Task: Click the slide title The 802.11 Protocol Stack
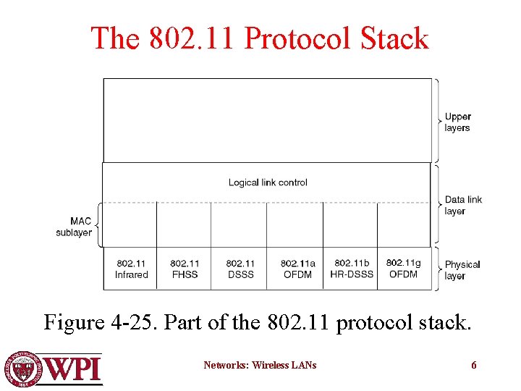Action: click(260, 38)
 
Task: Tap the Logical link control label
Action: click(268, 182)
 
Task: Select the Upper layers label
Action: click(457, 122)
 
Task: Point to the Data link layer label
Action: click(463, 205)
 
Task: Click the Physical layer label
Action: click(462, 269)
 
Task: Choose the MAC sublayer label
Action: click(74, 227)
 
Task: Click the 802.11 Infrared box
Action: click(131, 269)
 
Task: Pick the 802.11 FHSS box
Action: click(185, 269)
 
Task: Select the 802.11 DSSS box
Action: click(240, 269)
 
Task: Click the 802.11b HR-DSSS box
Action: click(352, 268)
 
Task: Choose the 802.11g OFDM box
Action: click(404, 268)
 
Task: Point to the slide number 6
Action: click(474, 365)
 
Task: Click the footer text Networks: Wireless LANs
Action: click(260, 365)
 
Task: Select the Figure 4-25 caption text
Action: click(258, 321)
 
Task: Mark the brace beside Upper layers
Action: click(436, 120)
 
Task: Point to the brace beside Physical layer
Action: click(436, 269)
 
